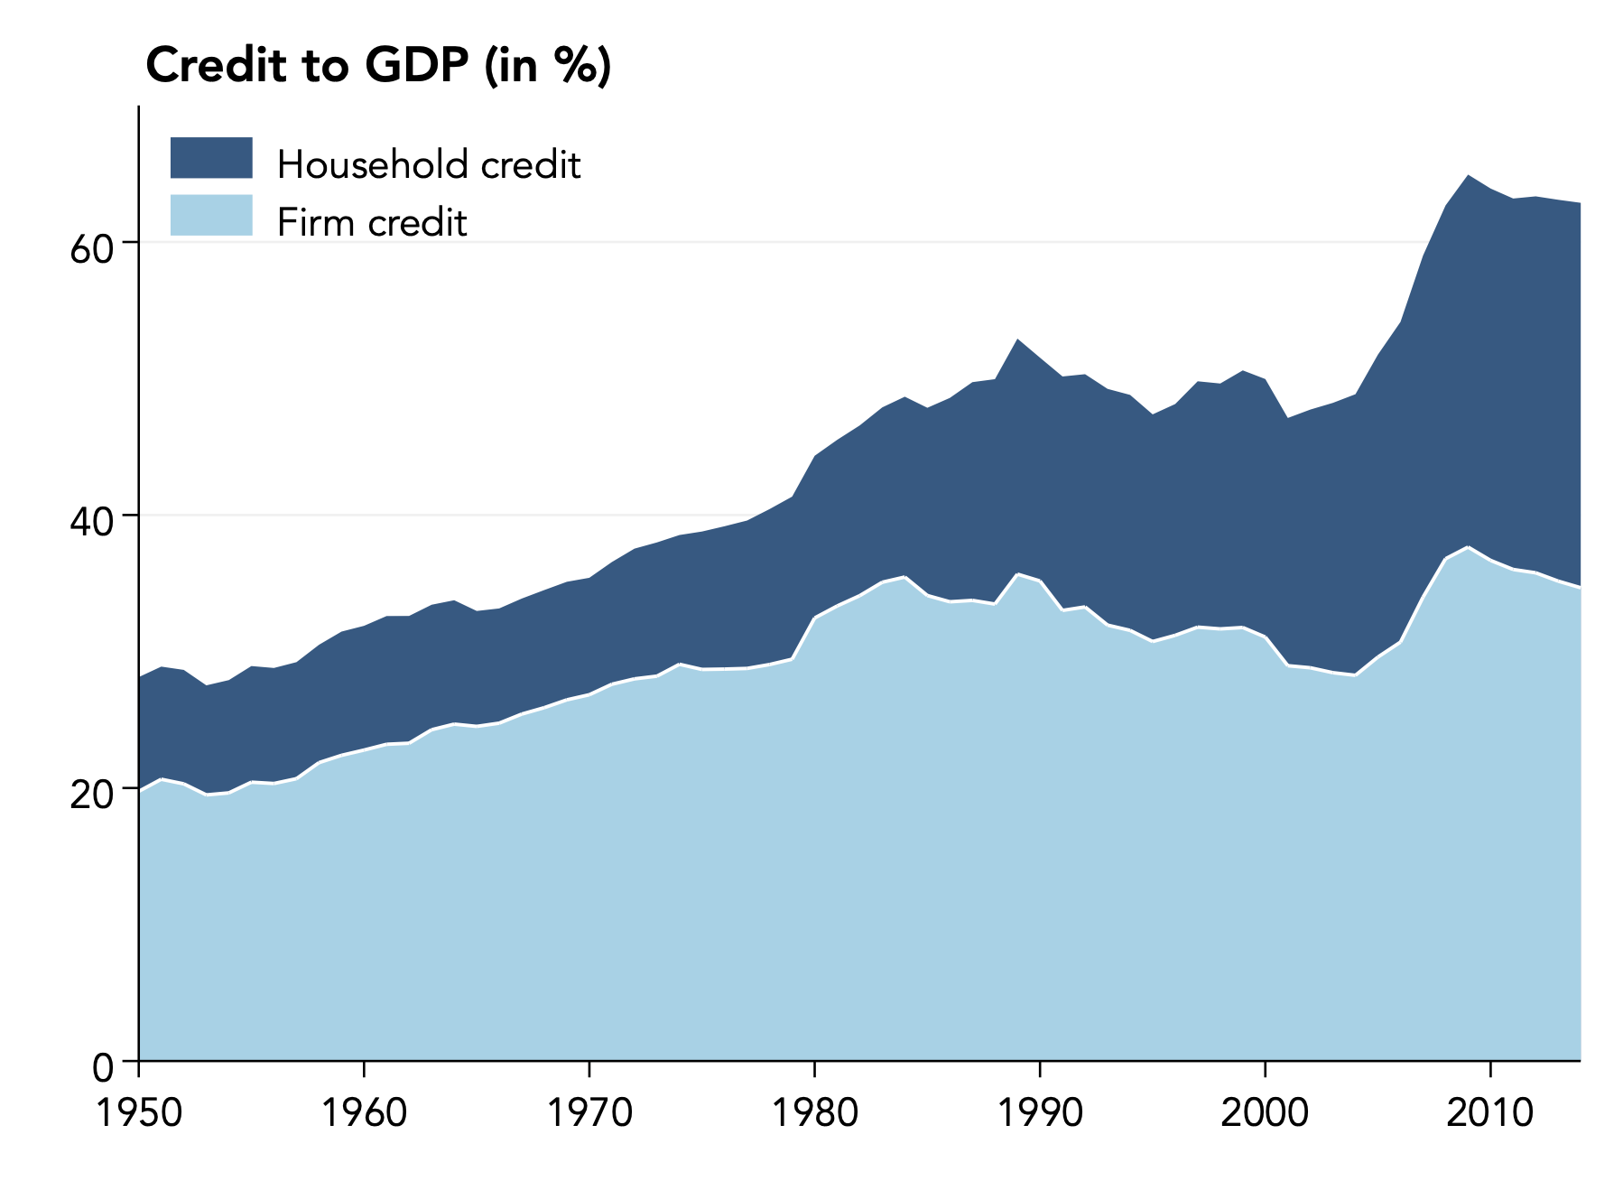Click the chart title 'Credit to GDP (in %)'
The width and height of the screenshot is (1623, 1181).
[x=378, y=67]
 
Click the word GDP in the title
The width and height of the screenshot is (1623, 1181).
[x=416, y=67]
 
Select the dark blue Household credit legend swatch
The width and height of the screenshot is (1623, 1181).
[x=211, y=158]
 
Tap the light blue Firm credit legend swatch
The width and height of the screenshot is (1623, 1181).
[x=211, y=215]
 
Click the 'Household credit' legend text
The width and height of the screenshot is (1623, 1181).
[x=429, y=165]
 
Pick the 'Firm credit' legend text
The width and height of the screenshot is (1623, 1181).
[x=372, y=223]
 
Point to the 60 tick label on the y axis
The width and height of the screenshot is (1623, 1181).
[x=92, y=249]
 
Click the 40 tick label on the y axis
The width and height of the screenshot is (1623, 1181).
[x=92, y=522]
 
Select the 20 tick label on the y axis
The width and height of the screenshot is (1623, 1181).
[x=92, y=795]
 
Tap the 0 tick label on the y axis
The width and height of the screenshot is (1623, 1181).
[x=104, y=1068]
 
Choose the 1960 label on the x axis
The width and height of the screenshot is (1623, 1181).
[x=364, y=1113]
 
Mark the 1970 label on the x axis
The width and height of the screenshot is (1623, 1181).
[x=589, y=1113]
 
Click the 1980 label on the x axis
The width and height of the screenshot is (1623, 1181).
[x=814, y=1113]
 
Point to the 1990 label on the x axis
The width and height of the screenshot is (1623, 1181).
[x=1040, y=1113]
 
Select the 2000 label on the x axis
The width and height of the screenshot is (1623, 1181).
[x=1265, y=1113]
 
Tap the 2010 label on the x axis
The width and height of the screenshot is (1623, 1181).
[x=1489, y=1113]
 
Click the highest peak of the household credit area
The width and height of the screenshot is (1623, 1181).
[x=1469, y=176]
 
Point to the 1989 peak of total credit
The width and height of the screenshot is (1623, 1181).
[x=1018, y=340]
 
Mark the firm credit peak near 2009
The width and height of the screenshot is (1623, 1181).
[x=1469, y=547]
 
